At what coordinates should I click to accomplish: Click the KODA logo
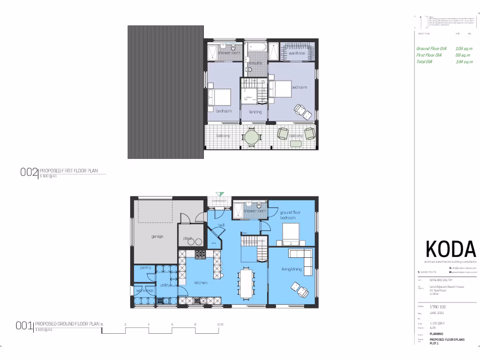click(x=450, y=248)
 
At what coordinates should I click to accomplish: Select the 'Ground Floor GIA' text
click(x=431, y=48)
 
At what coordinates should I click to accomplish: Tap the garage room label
click(x=157, y=236)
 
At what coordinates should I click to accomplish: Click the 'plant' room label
click(x=188, y=238)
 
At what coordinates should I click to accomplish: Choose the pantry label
click(x=145, y=268)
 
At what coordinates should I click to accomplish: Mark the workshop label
click(x=144, y=291)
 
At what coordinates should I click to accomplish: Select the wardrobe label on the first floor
click(x=297, y=53)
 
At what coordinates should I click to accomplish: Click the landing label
click(x=255, y=112)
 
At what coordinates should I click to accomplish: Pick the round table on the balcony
click(x=252, y=137)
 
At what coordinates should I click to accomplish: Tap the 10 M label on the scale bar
click(x=220, y=324)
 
